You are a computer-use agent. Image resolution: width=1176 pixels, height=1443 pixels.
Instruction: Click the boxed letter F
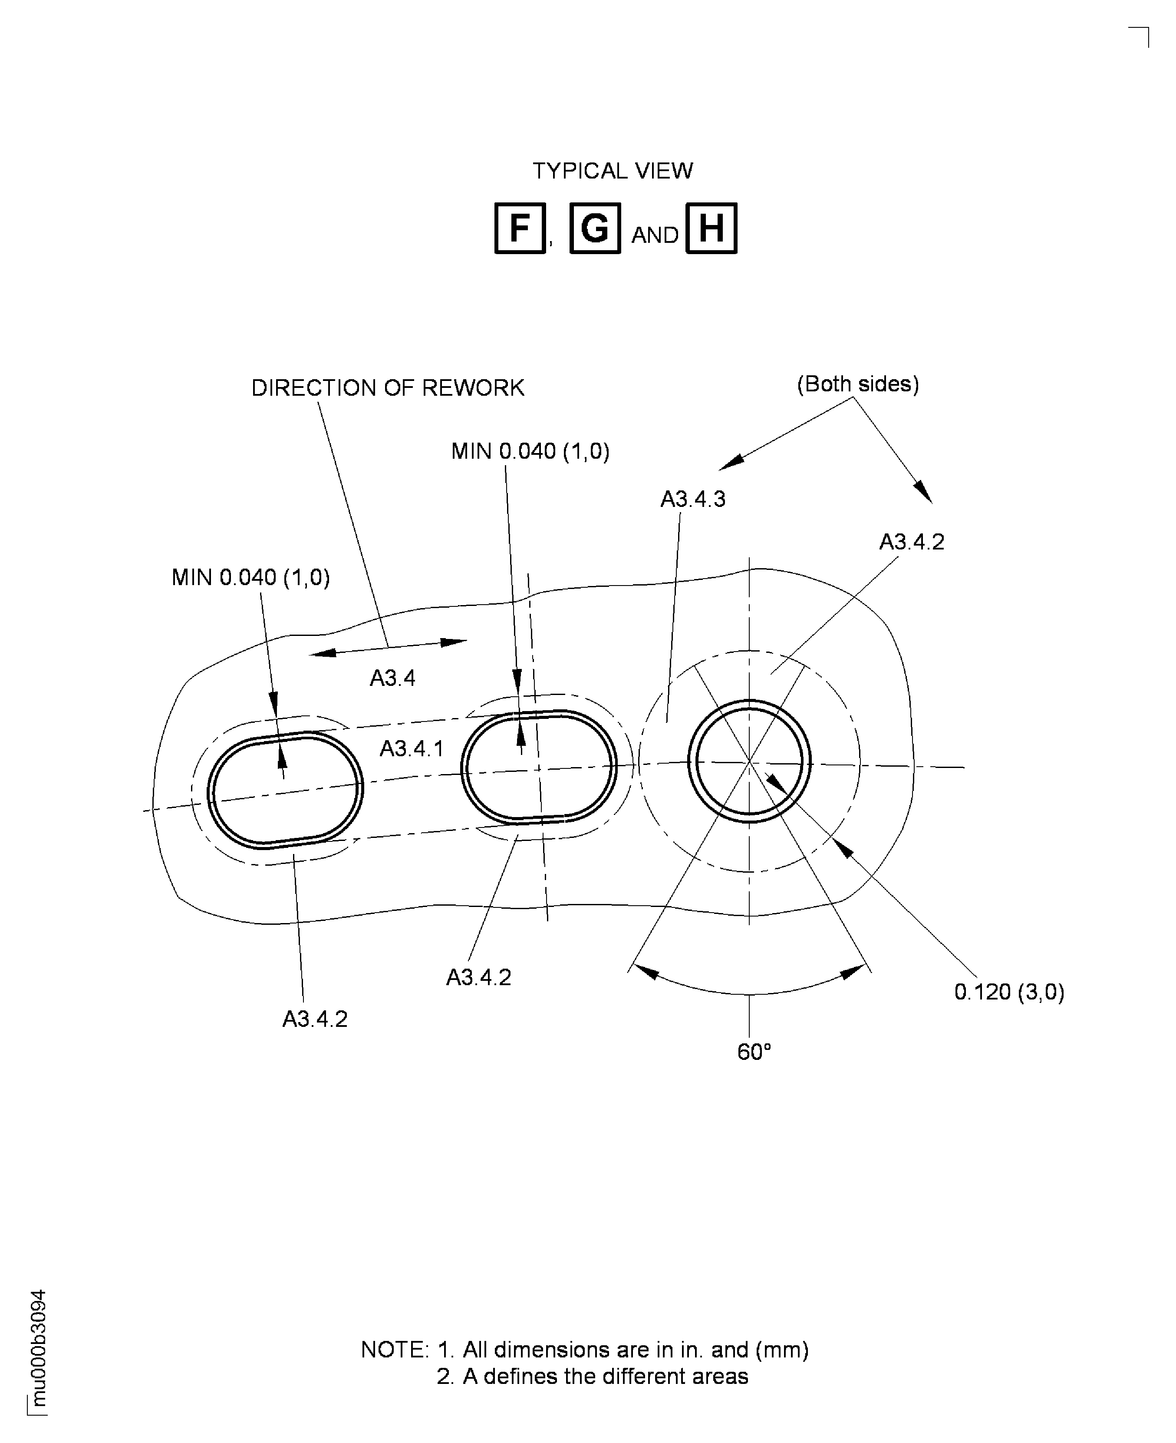(520, 228)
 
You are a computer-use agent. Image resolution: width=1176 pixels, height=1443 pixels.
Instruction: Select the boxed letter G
(595, 228)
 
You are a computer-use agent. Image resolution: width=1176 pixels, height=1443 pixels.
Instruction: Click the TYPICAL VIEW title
(613, 171)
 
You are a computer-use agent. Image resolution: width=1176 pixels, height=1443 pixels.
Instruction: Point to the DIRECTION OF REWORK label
(388, 388)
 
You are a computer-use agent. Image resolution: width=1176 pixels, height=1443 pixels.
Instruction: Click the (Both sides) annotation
(858, 384)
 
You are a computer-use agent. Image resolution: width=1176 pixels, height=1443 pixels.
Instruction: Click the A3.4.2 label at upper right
(911, 542)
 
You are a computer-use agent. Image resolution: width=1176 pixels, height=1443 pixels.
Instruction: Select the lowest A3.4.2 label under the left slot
(315, 1019)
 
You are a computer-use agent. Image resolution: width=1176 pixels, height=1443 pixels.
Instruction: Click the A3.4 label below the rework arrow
(392, 678)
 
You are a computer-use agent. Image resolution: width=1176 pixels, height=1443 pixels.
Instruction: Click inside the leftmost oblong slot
(284, 790)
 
